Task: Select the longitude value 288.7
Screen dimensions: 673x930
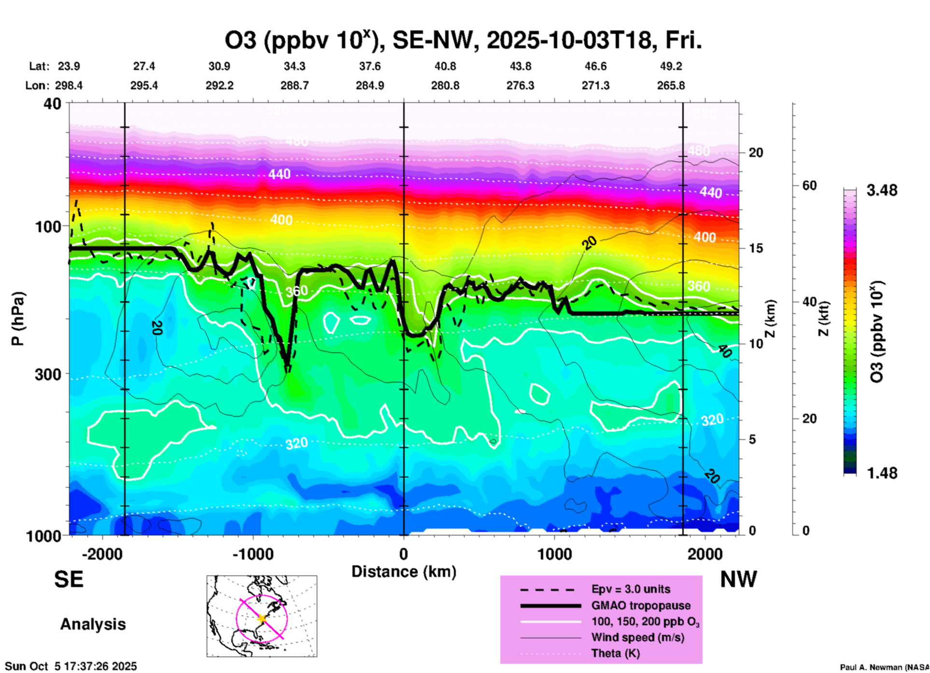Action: [295, 85]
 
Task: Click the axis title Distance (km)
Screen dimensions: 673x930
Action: [404, 572]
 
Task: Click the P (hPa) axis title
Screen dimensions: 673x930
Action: [18, 319]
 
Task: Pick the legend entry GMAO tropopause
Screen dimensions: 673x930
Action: [641, 605]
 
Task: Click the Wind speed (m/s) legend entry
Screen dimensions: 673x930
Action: [637, 637]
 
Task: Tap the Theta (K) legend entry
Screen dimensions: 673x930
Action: [615, 653]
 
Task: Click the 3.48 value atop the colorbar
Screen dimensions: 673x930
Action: [882, 191]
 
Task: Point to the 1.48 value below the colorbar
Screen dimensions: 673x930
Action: [882, 473]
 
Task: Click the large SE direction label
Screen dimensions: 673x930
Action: [69, 579]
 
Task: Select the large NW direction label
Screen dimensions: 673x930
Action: [738, 579]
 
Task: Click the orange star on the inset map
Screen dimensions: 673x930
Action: [262, 618]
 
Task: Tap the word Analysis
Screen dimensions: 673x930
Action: [93, 624]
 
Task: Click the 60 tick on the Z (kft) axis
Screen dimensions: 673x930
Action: [809, 185]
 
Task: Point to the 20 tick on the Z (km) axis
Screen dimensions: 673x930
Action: [756, 153]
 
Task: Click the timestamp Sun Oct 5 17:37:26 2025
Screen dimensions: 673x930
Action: [71, 666]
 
